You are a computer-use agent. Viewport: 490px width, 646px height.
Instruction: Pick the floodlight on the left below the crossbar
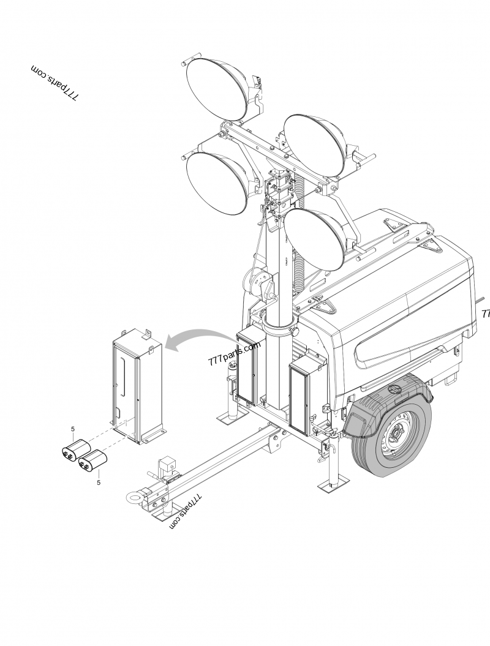[217, 182]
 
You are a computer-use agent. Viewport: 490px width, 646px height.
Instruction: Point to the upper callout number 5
[73, 428]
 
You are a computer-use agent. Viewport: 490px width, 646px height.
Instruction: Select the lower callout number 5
[99, 483]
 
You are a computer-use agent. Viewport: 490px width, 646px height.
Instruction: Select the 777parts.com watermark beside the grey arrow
[235, 353]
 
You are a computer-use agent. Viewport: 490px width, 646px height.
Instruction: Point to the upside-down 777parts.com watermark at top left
[55, 83]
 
